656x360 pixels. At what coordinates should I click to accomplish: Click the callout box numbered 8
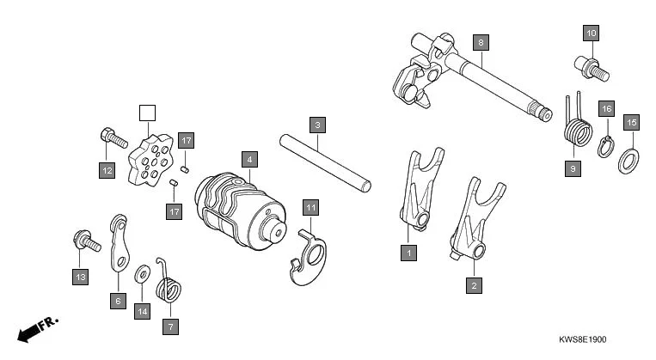tap(481, 41)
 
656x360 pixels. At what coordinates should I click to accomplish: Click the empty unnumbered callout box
tap(147, 113)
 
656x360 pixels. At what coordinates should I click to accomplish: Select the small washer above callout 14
tap(141, 276)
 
